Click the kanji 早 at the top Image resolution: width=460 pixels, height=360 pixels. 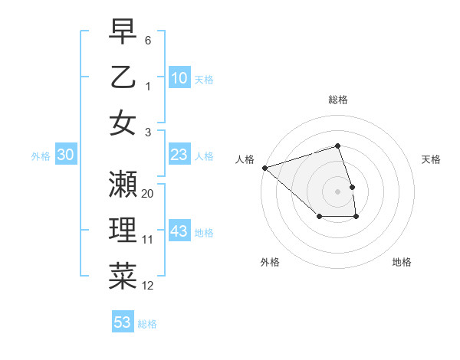click(123, 32)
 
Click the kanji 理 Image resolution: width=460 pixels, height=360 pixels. click(123, 231)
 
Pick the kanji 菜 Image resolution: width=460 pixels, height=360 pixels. click(123, 277)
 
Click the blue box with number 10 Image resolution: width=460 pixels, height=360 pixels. click(179, 78)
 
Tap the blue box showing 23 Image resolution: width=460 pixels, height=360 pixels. click(179, 155)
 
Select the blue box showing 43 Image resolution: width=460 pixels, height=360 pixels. click(179, 231)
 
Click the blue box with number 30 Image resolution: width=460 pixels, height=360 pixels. click(66, 155)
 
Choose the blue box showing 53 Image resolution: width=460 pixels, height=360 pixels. click(123, 322)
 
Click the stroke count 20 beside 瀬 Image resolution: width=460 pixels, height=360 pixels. click(148, 193)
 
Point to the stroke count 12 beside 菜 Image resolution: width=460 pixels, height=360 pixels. click(148, 286)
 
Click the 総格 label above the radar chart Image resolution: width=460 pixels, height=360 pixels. click(337, 100)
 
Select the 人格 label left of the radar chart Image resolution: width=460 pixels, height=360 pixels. click(245, 159)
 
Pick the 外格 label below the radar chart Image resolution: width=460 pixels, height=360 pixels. click(270, 262)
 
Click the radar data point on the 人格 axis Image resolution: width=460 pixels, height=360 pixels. click(264, 168)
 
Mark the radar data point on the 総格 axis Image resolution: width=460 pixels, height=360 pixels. click(337, 146)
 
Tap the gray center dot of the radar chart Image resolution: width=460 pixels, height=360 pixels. click(337, 191)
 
